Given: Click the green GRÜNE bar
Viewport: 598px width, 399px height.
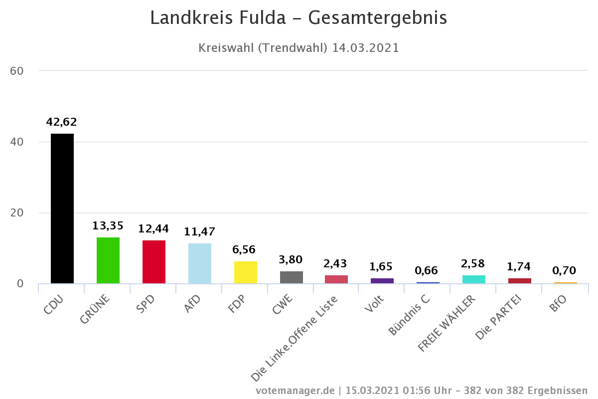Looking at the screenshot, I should click(x=108, y=260).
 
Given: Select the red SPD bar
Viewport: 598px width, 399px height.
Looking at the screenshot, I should click(x=154, y=262).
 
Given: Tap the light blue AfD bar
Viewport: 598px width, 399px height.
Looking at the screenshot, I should click(x=200, y=263).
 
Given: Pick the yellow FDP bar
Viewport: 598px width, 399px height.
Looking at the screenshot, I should click(x=246, y=272).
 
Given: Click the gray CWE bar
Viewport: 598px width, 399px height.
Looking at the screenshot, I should click(x=292, y=277).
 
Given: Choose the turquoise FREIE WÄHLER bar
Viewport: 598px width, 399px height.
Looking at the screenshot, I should click(x=474, y=279).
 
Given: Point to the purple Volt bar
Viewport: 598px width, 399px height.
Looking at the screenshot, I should click(x=382, y=281).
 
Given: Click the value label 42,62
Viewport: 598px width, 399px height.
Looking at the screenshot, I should click(x=61, y=122).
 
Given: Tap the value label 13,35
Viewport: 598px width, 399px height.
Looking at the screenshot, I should click(x=108, y=225).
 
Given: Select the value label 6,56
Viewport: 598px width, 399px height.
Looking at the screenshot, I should click(x=244, y=250).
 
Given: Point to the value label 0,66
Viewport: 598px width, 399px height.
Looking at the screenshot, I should click(x=427, y=270).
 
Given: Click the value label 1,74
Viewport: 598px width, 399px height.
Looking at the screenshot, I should click(x=519, y=267).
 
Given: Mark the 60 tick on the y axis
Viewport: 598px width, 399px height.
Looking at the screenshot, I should click(x=17, y=71).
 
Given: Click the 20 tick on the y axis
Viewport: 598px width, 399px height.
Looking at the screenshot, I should click(x=17, y=213).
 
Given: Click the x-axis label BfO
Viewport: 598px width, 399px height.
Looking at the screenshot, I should click(x=557, y=303).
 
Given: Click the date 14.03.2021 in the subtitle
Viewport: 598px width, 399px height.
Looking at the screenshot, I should click(x=366, y=48).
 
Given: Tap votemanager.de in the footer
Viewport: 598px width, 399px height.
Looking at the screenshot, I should click(x=295, y=390).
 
